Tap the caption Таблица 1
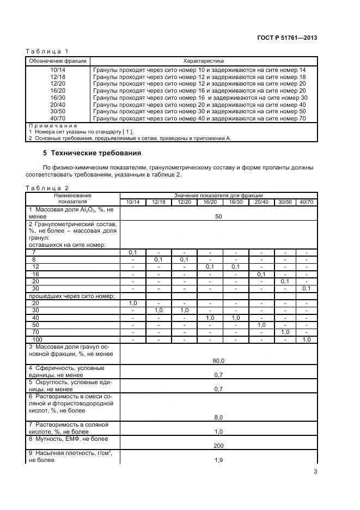click(47, 52)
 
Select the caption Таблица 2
click(47, 188)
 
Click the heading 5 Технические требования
click(92, 153)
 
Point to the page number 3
click(315, 472)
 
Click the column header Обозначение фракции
click(58, 61)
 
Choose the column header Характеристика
click(204, 61)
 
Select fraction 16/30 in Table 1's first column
click(58, 98)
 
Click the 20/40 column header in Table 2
click(262, 202)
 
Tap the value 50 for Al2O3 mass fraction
click(218, 216)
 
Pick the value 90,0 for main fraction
click(218, 361)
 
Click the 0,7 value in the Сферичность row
click(218, 375)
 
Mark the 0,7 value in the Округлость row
click(218, 389)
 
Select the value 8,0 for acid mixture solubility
click(218, 417)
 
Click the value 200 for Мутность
click(218, 446)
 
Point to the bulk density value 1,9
click(218, 460)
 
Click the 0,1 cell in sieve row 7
click(132, 252)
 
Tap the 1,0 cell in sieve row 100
click(307, 339)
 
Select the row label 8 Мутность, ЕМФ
click(69, 439)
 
